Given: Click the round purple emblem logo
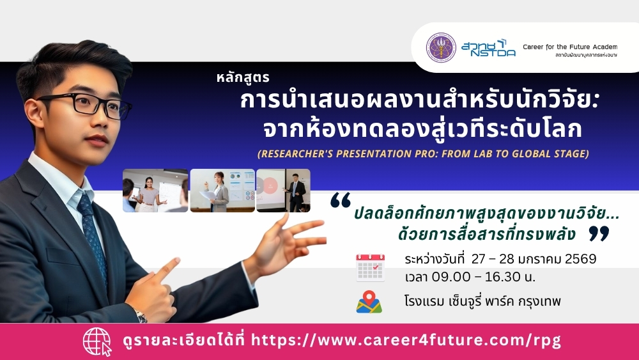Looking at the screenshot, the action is pyautogui.click(x=441, y=47).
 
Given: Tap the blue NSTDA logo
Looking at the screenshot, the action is pyautogui.click(x=488, y=48).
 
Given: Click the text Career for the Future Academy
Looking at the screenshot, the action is pyautogui.click(x=570, y=47).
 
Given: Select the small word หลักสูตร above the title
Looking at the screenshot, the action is pyautogui.click(x=243, y=77).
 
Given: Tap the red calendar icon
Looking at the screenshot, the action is pyautogui.click(x=371, y=267).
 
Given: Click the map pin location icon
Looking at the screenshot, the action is pyautogui.click(x=369, y=302).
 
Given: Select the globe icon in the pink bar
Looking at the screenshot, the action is pyautogui.click(x=97, y=341).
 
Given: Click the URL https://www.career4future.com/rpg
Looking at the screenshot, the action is pyautogui.click(x=406, y=340).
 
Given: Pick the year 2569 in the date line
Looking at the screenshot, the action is pyautogui.click(x=581, y=259).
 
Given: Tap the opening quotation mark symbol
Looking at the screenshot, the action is pyautogui.click(x=341, y=200).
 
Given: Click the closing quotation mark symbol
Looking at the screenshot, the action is pyautogui.click(x=599, y=233).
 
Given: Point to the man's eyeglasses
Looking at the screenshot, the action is pyautogui.click(x=85, y=104).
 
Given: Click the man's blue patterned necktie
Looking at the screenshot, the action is pyautogui.click(x=92, y=232).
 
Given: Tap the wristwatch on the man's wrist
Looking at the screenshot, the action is pyautogui.click(x=141, y=315).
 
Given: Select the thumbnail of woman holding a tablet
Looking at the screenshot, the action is pyautogui.click(x=155, y=191).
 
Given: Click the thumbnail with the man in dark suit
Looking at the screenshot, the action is pyautogui.click(x=283, y=191).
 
